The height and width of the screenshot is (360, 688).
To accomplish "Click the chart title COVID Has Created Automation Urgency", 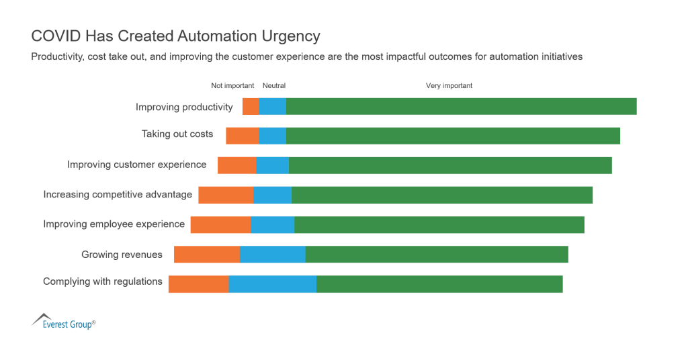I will (x=175, y=36).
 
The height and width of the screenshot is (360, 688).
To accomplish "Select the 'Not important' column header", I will (x=232, y=86).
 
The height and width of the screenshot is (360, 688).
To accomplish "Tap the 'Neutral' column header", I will (x=274, y=86).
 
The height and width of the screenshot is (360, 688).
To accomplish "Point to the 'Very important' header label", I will (x=449, y=86).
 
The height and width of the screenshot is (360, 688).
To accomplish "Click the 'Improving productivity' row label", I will (x=184, y=107).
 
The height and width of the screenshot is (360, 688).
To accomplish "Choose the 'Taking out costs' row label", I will (x=177, y=134).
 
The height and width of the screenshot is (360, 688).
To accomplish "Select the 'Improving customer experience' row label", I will (x=137, y=165).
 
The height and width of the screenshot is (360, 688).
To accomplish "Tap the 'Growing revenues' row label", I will (x=122, y=255).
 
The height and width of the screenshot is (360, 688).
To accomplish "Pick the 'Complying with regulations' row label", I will (x=103, y=281).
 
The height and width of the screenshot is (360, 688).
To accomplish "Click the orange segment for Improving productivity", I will (x=251, y=106).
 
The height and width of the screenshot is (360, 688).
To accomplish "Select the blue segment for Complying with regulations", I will (x=273, y=284).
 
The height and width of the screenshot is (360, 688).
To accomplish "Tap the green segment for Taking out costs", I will (x=453, y=136).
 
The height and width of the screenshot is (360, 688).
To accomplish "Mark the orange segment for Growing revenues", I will (x=207, y=255).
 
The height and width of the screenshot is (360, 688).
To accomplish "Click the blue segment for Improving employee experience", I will (x=273, y=225).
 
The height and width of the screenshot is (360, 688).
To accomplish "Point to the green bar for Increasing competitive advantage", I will (x=442, y=195).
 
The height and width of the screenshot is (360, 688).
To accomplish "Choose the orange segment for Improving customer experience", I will (x=236, y=165).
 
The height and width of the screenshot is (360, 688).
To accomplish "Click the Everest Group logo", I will (x=63, y=321).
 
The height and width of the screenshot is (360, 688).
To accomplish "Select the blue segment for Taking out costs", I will (x=273, y=136).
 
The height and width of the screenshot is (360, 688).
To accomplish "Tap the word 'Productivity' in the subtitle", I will (x=56, y=57).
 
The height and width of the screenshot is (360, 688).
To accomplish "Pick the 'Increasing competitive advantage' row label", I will (x=118, y=195).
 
